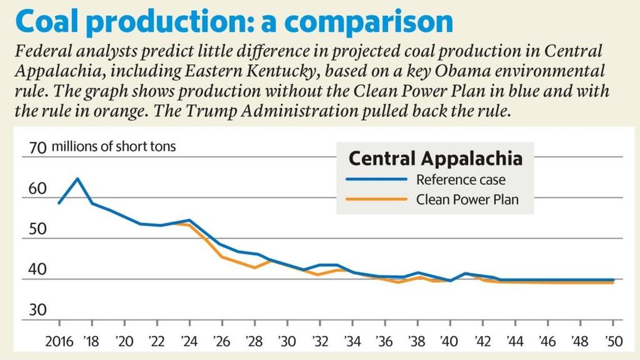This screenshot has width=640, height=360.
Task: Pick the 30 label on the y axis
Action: (x=37, y=310)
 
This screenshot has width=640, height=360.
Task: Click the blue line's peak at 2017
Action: (x=77, y=179)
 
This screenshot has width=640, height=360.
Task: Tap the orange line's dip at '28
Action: (x=255, y=267)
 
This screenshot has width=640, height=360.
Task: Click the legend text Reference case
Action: (x=460, y=180)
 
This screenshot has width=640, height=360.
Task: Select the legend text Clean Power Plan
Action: (x=467, y=199)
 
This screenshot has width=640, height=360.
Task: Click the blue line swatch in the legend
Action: (x=376, y=180)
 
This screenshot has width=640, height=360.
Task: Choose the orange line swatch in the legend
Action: (x=376, y=199)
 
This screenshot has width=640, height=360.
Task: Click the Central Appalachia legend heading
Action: (x=435, y=158)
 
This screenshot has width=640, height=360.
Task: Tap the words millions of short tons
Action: (x=113, y=147)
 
